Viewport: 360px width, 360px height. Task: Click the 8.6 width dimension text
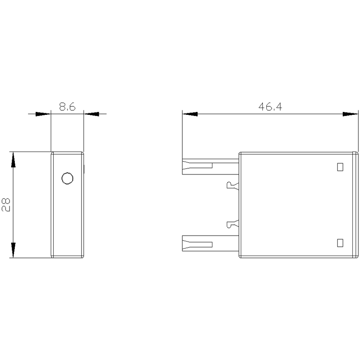point(67,107)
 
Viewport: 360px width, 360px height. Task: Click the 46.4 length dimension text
point(270,107)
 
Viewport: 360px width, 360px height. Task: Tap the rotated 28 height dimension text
point(6,205)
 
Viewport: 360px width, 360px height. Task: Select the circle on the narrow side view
point(68,178)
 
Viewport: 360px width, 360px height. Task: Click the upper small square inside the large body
point(340,167)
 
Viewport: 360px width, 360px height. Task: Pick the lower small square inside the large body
point(340,243)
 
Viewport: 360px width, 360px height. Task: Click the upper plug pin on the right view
point(210,167)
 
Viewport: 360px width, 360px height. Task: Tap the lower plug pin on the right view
point(210,243)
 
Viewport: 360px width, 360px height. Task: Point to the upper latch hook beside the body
point(233,186)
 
